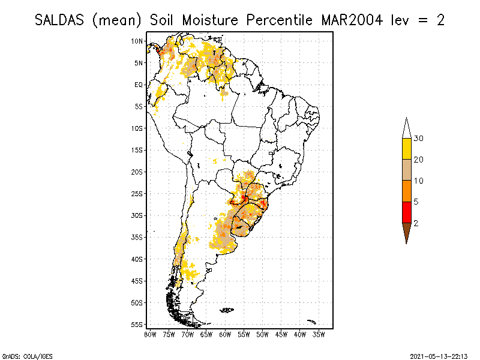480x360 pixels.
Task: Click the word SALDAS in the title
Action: pos(59,20)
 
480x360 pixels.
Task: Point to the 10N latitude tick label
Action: pos(137,41)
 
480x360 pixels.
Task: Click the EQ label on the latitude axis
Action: pos(139,85)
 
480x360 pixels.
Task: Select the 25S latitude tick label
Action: pos(137,193)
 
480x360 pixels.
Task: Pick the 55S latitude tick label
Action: pos(137,324)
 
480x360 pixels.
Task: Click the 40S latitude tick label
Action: pos(137,259)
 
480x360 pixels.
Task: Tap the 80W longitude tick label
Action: pos(150,334)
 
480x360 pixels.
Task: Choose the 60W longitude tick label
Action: pos(225,334)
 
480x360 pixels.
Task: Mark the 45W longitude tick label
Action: pos(281,334)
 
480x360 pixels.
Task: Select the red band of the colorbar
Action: pos(406,212)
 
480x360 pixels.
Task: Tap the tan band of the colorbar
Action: pos(406,170)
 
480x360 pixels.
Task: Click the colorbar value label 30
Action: pos(419,139)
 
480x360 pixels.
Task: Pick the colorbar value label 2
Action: pos(416,223)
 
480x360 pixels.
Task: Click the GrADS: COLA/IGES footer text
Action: pos(22,355)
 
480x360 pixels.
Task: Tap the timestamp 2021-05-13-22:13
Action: pos(439,355)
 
